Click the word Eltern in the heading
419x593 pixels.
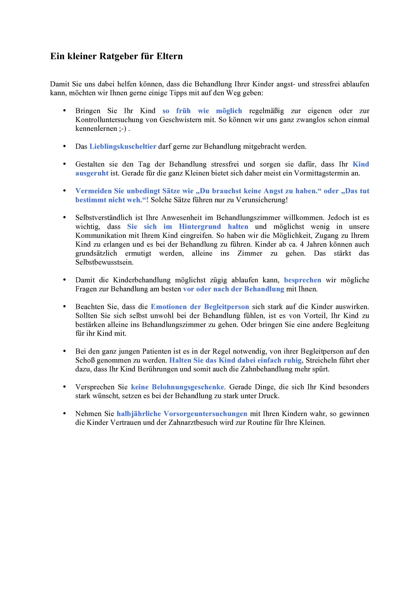coord(169,56)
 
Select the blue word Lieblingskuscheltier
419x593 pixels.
coord(123,146)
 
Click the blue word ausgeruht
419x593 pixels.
coord(92,173)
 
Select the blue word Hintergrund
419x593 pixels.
coord(200,227)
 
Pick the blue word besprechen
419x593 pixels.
coord(303,280)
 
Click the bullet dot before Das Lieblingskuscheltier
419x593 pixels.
coord(65,146)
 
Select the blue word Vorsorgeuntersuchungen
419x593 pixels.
coord(205,414)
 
